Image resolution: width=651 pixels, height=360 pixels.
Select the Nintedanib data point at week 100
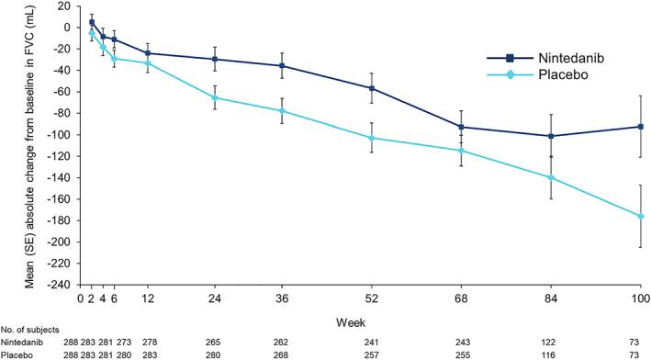[640, 126]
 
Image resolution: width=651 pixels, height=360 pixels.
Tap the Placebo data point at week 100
[640, 216]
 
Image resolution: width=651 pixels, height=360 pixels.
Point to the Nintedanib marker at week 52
[371, 88]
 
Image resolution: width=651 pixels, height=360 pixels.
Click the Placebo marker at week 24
[215, 97]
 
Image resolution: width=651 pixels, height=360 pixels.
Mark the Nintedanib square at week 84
[551, 136]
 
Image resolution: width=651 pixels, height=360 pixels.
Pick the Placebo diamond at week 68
[461, 151]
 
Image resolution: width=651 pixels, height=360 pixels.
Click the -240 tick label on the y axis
[60, 285]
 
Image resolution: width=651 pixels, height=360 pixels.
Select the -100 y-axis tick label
[60, 135]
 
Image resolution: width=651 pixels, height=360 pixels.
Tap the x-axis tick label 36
[282, 298]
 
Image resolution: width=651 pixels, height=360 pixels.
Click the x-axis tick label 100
[639, 298]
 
